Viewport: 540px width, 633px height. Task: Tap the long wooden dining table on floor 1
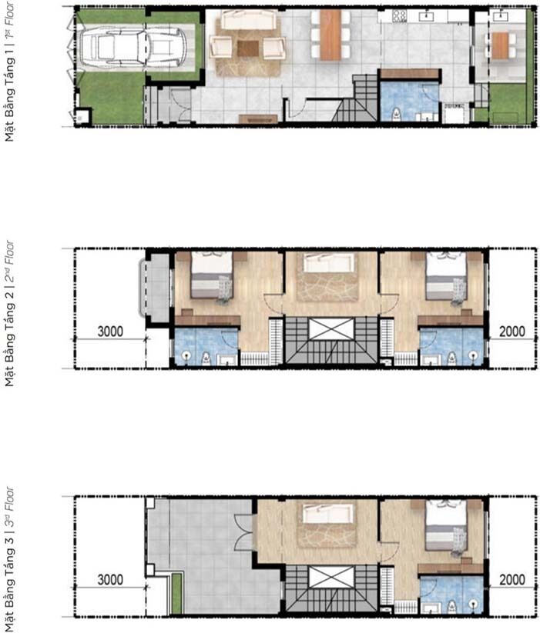point(330,35)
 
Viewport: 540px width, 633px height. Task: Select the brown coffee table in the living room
point(248,49)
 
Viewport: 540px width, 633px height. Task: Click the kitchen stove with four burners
point(399,15)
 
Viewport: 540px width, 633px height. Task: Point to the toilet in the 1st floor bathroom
point(397,114)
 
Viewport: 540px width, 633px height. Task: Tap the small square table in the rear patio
point(501,45)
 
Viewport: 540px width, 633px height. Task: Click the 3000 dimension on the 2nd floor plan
point(110,331)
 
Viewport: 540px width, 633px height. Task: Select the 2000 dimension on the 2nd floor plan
point(512,331)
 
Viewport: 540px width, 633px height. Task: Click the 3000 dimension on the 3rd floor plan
point(110,580)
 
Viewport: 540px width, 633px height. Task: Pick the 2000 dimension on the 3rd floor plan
point(512,580)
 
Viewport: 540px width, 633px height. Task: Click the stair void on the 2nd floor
point(331,328)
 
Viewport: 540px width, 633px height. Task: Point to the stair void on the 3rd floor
point(331,577)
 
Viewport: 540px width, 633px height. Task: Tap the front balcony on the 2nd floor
point(155,287)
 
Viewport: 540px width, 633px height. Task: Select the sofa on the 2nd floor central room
point(329,262)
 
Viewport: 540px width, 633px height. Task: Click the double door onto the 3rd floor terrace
point(244,529)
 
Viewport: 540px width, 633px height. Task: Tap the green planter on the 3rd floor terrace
point(176,594)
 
